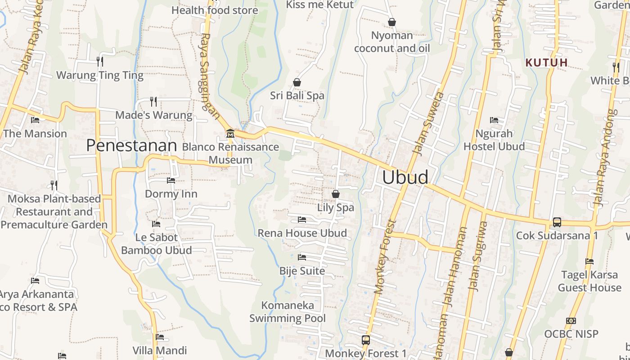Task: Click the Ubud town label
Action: tap(405, 177)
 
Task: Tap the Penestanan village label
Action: tap(131, 145)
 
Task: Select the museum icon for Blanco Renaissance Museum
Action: tap(230, 133)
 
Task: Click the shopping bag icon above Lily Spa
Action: tap(335, 194)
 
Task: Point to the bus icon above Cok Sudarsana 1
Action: tap(557, 222)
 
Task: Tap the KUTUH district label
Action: tap(547, 63)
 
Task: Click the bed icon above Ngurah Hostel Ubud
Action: tap(494, 120)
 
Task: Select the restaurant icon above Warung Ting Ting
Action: tap(100, 61)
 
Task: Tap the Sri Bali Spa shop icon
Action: tap(297, 82)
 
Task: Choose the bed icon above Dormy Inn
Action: tap(171, 180)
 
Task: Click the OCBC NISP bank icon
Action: tap(571, 321)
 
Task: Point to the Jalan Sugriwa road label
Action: tap(477, 256)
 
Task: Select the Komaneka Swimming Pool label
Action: tap(288, 312)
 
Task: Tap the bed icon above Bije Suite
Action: tap(302, 257)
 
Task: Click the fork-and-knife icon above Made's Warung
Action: tap(153, 101)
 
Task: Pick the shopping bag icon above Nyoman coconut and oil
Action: tap(391, 22)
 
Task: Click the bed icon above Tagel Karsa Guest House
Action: tap(589, 261)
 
